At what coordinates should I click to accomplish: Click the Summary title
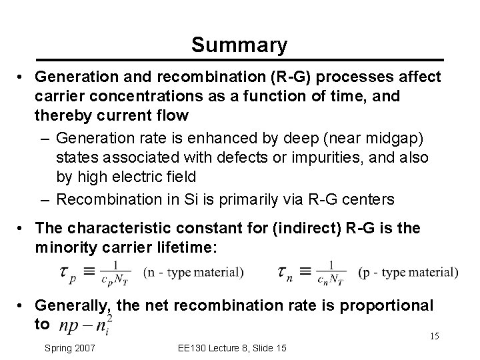239,45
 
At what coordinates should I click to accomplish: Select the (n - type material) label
194,271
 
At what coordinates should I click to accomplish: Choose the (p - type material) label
408,271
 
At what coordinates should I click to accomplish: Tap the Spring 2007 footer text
70,348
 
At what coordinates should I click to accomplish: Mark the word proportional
387,305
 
